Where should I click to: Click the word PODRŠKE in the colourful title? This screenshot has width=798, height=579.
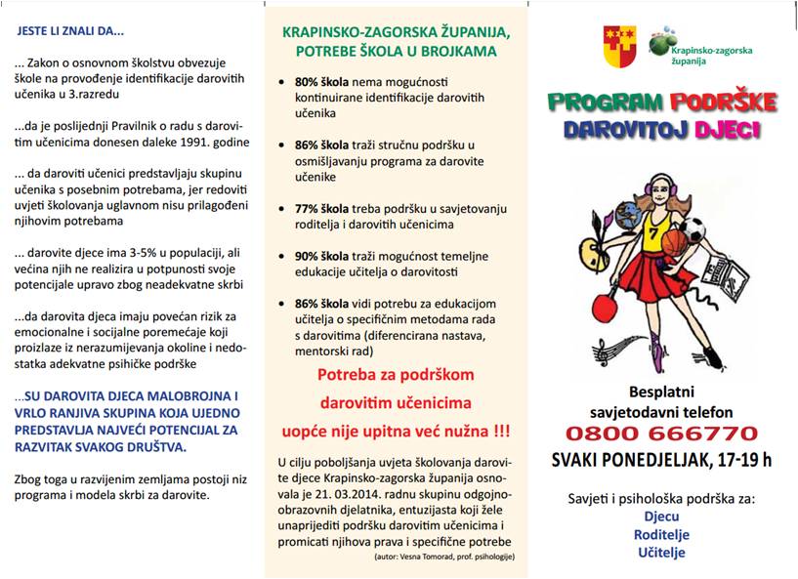(722, 102)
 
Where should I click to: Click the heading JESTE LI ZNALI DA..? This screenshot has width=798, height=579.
(70, 30)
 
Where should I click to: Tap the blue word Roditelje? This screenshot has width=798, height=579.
(660, 534)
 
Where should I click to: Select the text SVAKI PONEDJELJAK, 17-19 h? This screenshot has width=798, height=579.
(661, 459)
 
